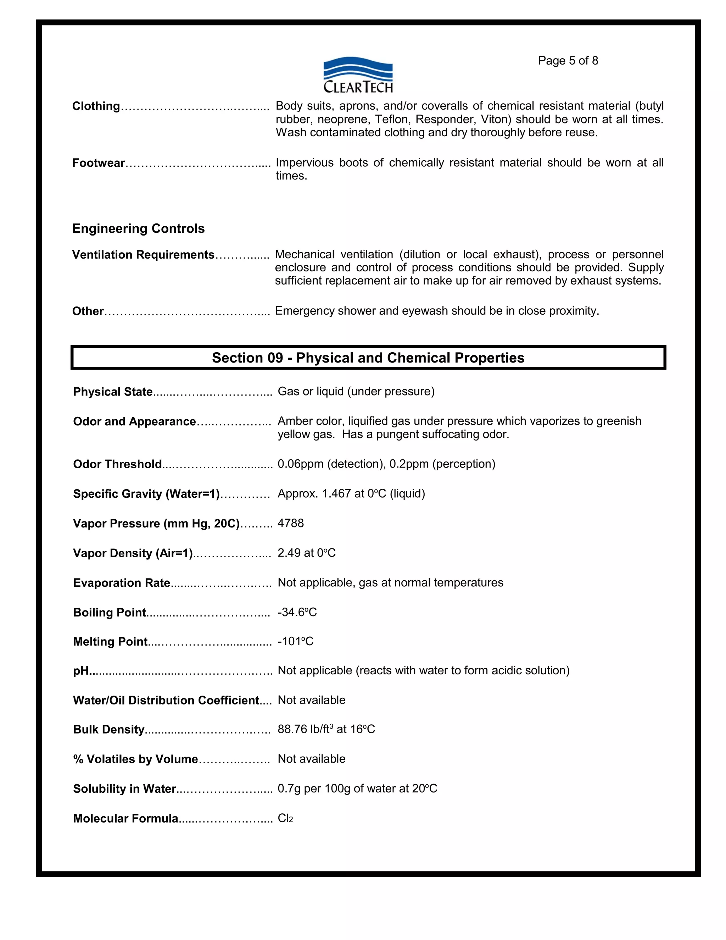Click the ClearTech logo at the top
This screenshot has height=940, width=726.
358,75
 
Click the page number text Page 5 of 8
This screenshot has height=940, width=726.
568,61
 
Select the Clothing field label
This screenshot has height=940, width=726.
96,106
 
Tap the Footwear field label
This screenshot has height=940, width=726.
99,163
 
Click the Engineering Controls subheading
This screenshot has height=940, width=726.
139,228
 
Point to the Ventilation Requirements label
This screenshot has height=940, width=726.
143,255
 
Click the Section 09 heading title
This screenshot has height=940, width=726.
368,358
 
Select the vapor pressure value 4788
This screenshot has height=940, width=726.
291,523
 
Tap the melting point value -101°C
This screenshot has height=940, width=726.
296,642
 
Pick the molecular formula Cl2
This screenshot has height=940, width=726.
285,818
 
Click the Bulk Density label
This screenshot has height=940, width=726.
109,730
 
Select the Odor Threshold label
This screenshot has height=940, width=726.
117,464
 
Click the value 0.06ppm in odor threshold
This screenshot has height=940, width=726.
300,464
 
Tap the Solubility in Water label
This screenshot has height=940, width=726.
125,789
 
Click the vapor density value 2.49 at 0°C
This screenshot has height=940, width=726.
306,553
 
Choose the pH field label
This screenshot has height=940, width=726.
81,671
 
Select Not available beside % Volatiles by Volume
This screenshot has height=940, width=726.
311,759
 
